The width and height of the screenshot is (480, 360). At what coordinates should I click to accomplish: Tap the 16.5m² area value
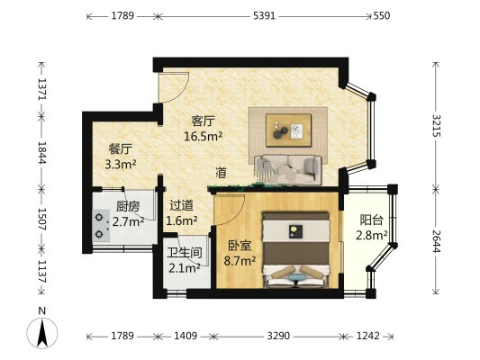tap(203, 136)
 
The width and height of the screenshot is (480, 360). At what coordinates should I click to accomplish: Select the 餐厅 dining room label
tap(121, 149)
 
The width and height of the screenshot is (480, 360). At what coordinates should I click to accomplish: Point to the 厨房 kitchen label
tap(128, 207)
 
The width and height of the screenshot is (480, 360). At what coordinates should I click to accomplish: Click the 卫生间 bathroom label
tap(185, 253)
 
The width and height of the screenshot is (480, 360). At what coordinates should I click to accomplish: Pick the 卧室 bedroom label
tap(240, 246)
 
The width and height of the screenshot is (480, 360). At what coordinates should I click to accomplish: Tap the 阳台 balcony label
tap(371, 220)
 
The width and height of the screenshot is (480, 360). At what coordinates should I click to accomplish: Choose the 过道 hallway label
tap(182, 205)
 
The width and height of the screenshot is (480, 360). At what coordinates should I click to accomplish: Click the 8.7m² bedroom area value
tap(240, 261)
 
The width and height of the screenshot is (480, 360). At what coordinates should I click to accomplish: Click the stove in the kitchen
tap(101, 226)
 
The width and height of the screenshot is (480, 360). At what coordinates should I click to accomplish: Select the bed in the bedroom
tap(296, 250)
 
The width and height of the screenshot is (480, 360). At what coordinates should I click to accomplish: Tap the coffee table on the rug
tap(288, 130)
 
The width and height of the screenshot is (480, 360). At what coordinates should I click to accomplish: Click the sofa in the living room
tap(288, 170)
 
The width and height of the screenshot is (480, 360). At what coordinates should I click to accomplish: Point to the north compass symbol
tap(42, 332)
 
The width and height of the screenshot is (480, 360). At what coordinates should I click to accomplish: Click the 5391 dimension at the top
tap(264, 16)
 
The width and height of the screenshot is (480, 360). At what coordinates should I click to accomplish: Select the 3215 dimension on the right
tap(436, 125)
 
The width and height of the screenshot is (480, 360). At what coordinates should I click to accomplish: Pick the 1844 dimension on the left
tap(42, 152)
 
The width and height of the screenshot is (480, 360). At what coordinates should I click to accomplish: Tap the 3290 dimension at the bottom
tap(278, 336)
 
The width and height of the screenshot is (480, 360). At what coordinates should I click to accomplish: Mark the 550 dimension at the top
tap(382, 16)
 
